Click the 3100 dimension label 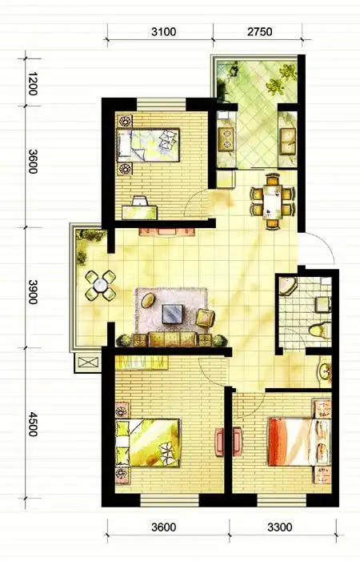pos(164,32)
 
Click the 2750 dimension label pos(260,32)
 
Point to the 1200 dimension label pos(33,84)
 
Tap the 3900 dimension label pos(33,291)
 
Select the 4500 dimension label pos(33,424)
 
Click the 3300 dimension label pos(280,527)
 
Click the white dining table pos(273,202)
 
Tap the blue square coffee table pos(173,314)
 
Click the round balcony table pos(101,286)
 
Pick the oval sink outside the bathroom pos(326,371)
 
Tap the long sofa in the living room pos(172,339)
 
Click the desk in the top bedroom pos(140,212)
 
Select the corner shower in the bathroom pos(288,286)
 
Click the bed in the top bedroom pos(148,145)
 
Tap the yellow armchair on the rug pos(206,318)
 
